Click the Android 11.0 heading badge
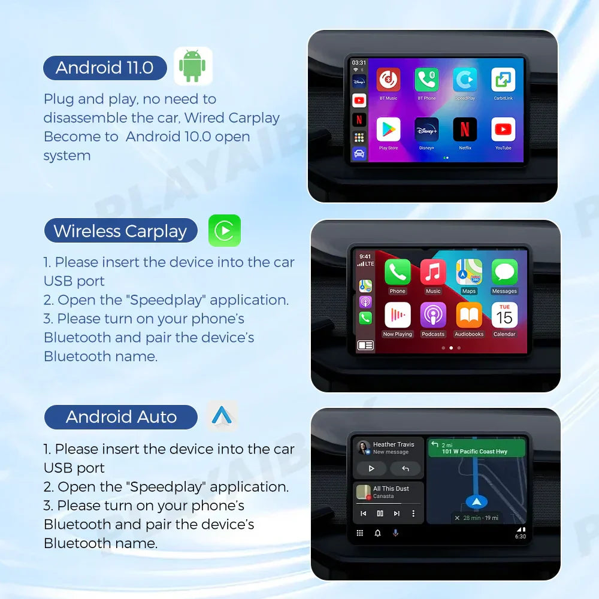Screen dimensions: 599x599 [x=105, y=68]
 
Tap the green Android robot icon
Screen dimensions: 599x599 [x=193, y=65]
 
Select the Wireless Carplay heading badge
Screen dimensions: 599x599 [x=120, y=231]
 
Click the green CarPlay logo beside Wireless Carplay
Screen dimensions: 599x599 [x=225, y=231]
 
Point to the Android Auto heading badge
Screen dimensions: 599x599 [x=121, y=417]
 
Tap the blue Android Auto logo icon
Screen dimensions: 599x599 [x=222, y=416]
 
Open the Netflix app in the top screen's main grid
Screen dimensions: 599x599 [x=465, y=129]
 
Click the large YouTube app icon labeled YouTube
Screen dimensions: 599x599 [x=503, y=129]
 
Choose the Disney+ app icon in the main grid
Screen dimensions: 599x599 [x=426, y=129]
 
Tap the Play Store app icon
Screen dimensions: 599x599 [x=388, y=129]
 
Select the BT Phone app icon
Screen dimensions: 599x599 [x=426, y=80]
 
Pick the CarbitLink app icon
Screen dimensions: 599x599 [x=503, y=80]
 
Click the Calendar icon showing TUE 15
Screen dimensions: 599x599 [x=504, y=315]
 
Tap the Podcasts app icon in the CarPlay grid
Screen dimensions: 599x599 [x=433, y=315]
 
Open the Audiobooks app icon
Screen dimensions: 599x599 [x=469, y=315]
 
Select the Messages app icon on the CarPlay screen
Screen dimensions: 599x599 [x=504, y=272]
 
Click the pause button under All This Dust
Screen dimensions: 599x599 [x=380, y=513]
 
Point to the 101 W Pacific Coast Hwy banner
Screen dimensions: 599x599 [x=476, y=448]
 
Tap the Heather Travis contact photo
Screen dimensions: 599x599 [x=363, y=448]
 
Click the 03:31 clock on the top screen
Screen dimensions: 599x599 [x=359, y=63]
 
